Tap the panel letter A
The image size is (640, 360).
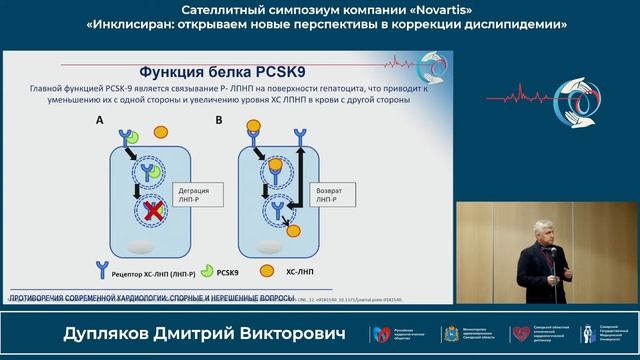click(x=99, y=120)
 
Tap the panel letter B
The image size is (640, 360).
click(x=219, y=120)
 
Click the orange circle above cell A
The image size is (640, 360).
click(x=160, y=131)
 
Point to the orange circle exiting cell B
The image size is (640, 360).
click(x=294, y=230)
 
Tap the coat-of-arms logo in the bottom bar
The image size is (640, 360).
click(x=450, y=334)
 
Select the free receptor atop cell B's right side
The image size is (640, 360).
click(x=299, y=136)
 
